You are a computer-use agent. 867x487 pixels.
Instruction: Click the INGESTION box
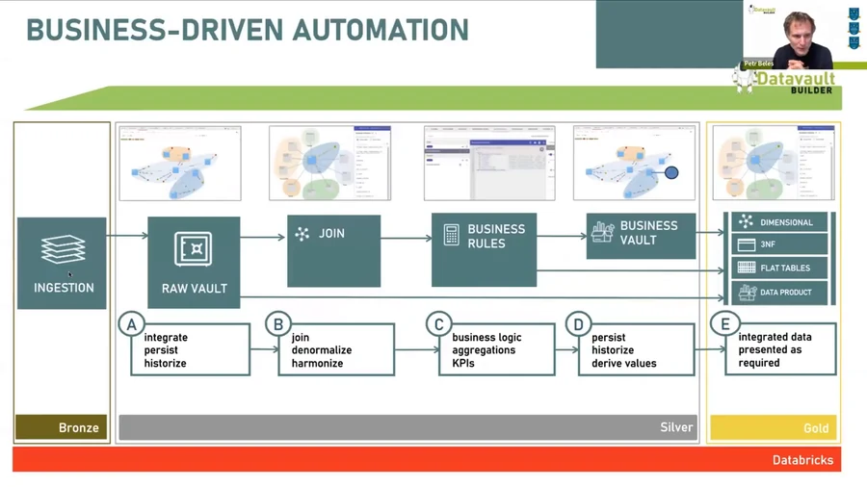63,263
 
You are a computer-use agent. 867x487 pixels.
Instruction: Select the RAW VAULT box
194,263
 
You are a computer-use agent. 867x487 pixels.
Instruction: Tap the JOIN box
333,250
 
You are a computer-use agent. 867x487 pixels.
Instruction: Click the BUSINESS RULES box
484,249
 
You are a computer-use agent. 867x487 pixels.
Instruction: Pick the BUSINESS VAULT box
641,235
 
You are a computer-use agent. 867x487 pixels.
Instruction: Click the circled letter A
131,324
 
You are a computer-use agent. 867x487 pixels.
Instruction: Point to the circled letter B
278,324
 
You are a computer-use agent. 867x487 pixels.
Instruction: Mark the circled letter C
438,324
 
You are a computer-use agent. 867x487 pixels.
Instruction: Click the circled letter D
578,324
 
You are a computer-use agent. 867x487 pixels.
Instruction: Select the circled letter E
725,324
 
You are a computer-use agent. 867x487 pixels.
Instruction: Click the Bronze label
79,427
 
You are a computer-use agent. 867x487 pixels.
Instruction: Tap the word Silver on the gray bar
676,427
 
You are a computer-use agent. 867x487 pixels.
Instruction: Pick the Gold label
815,427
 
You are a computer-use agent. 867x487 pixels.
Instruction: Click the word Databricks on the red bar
802,460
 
